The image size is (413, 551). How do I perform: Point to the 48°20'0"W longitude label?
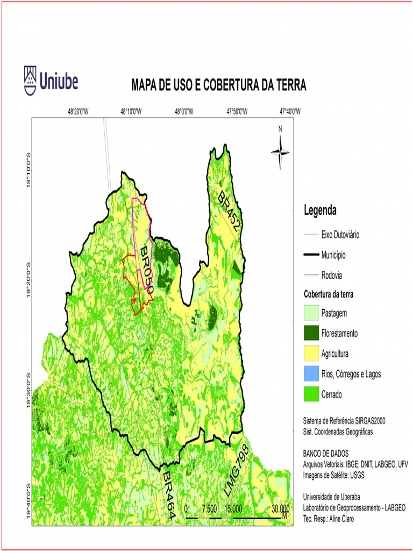point(78,112)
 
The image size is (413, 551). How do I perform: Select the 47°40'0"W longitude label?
point(290,112)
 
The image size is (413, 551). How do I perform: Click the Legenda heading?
point(321,209)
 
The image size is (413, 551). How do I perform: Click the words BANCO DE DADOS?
point(326,453)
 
